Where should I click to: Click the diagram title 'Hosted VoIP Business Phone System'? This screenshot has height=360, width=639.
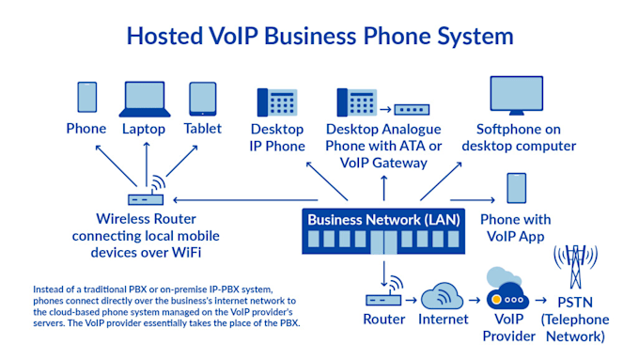click(x=319, y=37)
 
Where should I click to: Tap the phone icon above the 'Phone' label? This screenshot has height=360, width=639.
click(x=86, y=97)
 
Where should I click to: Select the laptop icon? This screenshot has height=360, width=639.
click(x=143, y=99)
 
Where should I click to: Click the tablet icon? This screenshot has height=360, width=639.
click(x=203, y=98)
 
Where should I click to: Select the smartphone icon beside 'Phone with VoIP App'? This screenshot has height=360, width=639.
click(x=516, y=189)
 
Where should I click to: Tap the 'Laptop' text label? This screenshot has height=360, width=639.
click(x=143, y=129)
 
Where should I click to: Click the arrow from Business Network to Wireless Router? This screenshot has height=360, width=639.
click(x=235, y=199)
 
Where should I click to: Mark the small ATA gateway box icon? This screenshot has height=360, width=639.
click(x=411, y=108)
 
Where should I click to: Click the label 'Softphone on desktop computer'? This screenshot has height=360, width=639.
click(x=525, y=137)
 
